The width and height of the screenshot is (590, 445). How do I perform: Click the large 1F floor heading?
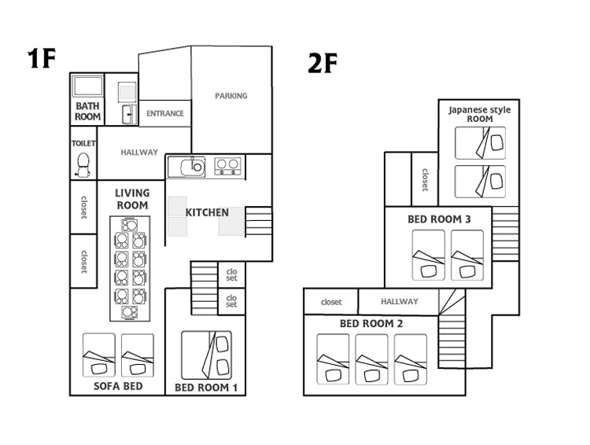(x=42, y=58)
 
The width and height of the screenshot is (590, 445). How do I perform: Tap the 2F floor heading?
(x=323, y=63)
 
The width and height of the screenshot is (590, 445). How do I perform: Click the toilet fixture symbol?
(x=83, y=165)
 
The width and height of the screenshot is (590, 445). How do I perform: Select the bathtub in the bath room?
(x=88, y=86)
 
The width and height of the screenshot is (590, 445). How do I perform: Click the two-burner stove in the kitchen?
(x=227, y=166)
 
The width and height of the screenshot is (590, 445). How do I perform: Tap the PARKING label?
(x=231, y=96)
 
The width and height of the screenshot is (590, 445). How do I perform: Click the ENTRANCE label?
(x=165, y=113)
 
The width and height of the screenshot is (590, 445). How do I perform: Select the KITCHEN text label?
(x=207, y=212)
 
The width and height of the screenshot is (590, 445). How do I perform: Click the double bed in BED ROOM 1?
(x=206, y=355)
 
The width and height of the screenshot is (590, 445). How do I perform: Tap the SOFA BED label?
(x=118, y=386)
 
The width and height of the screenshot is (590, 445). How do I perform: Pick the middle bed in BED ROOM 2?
(x=371, y=359)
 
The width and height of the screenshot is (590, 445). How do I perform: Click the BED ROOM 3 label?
(x=439, y=219)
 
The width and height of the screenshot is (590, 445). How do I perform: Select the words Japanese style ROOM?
(x=480, y=114)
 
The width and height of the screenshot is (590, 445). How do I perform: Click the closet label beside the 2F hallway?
(x=331, y=302)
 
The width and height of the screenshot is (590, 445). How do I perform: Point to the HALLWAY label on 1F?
(x=139, y=153)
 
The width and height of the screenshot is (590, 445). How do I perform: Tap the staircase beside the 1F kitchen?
(x=259, y=222)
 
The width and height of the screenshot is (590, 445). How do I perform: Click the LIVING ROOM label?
(x=132, y=199)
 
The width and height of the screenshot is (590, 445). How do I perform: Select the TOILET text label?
(x=83, y=143)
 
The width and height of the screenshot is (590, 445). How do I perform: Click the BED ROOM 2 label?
(x=371, y=323)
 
